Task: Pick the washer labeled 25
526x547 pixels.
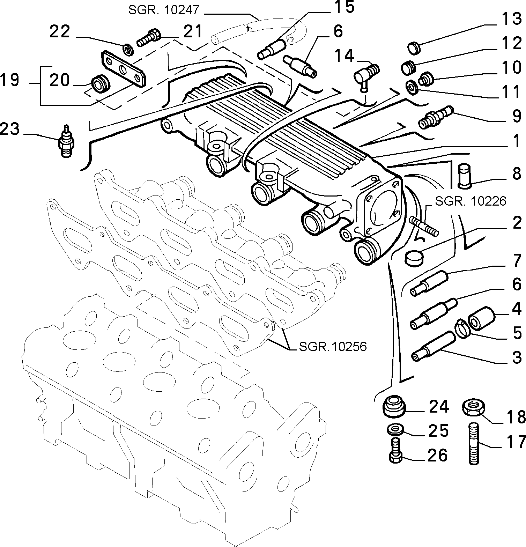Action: point(396,429)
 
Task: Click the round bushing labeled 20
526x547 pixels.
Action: point(100,83)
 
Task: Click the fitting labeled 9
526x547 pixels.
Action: point(435,117)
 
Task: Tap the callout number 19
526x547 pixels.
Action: point(9,80)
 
